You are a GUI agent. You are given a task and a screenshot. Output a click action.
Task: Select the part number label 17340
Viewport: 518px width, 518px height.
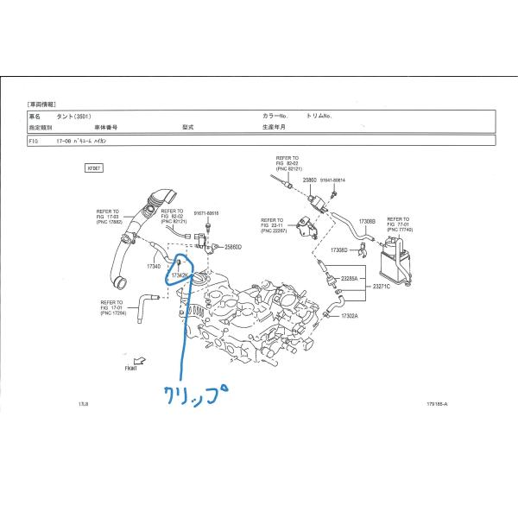tap(154, 267)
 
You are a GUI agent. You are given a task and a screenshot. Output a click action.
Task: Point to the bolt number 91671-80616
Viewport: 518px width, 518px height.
tap(206, 213)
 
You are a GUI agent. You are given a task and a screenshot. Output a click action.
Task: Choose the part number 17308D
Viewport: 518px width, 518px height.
tap(339, 250)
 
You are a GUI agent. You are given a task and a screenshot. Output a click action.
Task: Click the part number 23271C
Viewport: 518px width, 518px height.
tap(382, 286)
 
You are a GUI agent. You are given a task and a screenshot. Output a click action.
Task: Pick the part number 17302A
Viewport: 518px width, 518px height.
tap(349, 316)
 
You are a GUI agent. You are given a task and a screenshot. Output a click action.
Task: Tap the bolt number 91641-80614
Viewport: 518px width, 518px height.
tap(332, 180)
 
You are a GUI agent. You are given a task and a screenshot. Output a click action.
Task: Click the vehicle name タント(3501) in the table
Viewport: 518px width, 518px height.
tap(72, 115)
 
